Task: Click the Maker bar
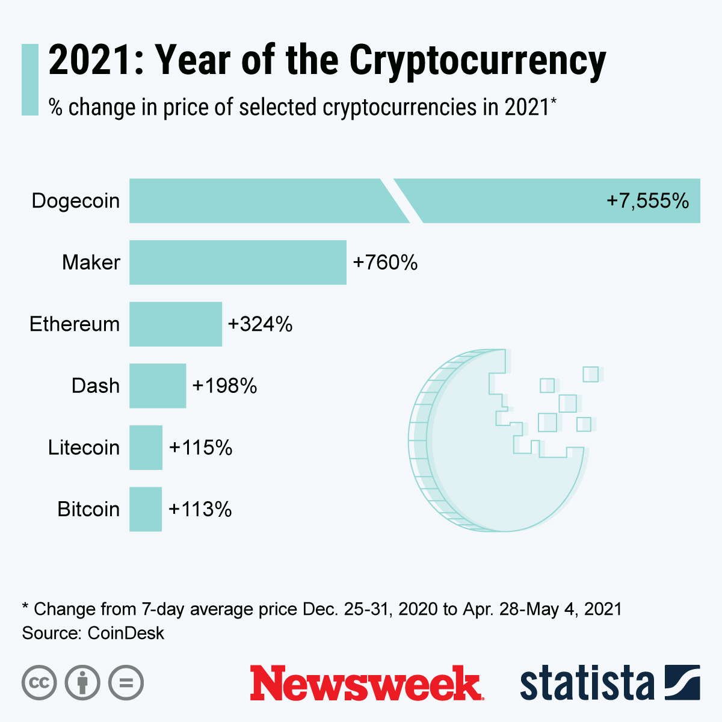click(x=238, y=262)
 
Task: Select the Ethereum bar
click(x=176, y=324)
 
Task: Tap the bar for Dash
click(x=158, y=386)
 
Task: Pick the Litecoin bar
click(x=146, y=448)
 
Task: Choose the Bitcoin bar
click(x=146, y=509)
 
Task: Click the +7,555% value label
click(x=647, y=201)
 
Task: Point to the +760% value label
click(x=385, y=263)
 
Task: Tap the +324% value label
click(x=260, y=324)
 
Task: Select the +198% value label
click(x=224, y=386)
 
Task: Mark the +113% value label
click(x=200, y=510)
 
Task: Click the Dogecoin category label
click(x=76, y=201)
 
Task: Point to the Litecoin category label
click(x=84, y=448)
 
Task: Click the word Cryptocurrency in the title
click(x=477, y=61)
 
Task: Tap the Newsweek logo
click(x=366, y=683)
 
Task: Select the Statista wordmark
click(x=587, y=683)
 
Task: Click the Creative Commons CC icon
click(x=39, y=683)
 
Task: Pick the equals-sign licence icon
click(x=126, y=683)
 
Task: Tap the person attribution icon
click(x=82, y=683)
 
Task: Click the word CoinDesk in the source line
click(x=126, y=633)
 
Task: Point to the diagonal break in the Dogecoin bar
click(x=402, y=201)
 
